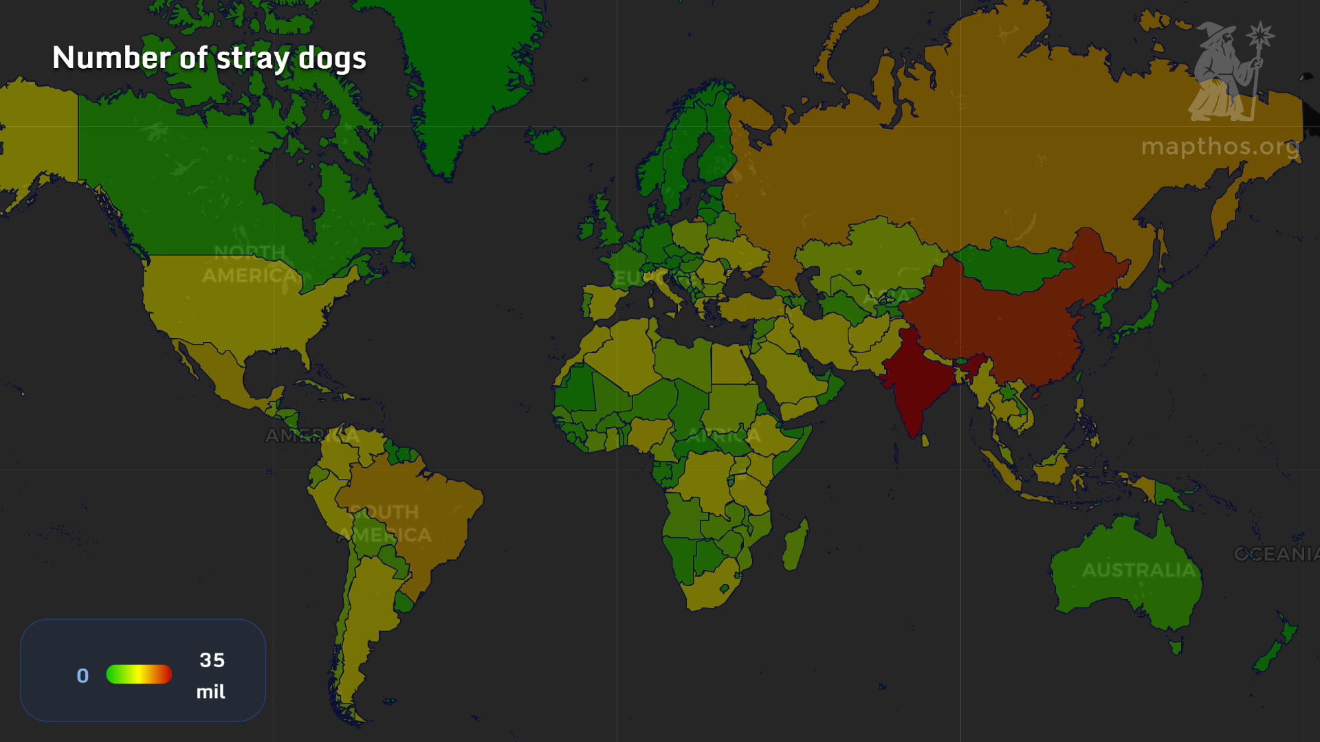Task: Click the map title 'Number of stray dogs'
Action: [x=209, y=58]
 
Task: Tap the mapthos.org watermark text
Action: [x=1220, y=146]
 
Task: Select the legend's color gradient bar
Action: [x=139, y=675]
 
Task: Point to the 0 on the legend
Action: [x=82, y=676]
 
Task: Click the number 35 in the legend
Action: [x=212, y=660]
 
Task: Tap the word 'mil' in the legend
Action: [x=210, y=692]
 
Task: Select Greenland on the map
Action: [x=467, y=69]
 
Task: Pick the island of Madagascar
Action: [x=795, y=546]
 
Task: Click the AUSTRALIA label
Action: [x=1138, y=570]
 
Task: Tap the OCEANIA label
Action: [x=1276, y=554]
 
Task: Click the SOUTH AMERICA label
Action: [x=385, y=524]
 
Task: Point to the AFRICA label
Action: [x=725, y=436]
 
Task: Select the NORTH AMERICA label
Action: [x=250, y=265]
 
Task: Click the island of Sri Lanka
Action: [x=925, y=440]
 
